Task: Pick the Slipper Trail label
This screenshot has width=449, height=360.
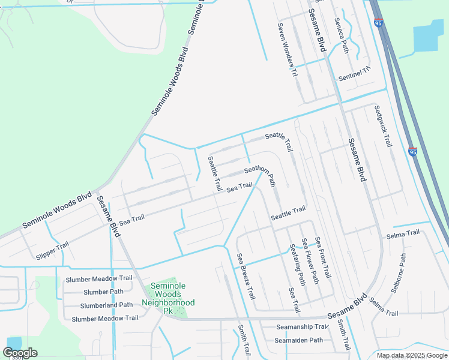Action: (52, 250)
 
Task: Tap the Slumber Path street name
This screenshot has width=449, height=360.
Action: (104, 292)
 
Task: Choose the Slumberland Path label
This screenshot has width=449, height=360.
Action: (106, 305)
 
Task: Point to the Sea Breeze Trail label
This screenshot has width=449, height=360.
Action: (246, 277)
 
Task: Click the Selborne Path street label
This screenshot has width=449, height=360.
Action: (399, 272)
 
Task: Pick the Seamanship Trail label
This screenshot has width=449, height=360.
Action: (301, 327)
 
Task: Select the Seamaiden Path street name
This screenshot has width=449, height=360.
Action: (299, 340)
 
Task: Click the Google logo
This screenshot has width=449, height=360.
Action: (20, 353)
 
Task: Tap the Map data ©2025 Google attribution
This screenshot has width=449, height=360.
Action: (412, 355)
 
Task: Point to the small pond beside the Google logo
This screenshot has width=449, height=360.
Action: (13, 343)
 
